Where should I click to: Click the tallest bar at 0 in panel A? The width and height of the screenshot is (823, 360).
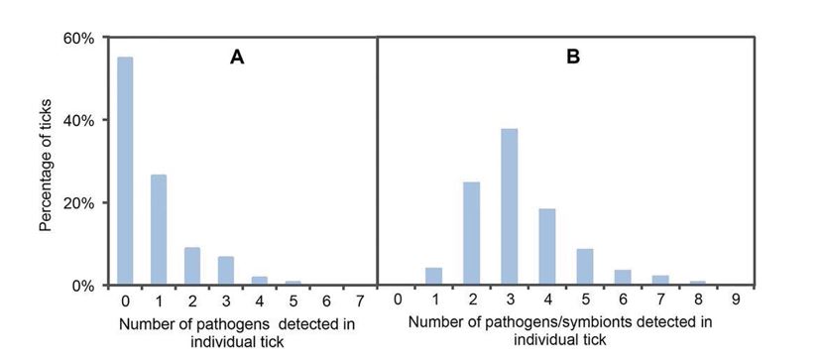[x=125, y=171]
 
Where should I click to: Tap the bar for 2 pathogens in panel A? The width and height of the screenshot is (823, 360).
[x=192, y=266]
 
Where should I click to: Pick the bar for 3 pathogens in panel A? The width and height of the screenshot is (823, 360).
[x=226, y=271]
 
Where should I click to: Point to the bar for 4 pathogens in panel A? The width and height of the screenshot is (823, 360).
[x=260, y=281]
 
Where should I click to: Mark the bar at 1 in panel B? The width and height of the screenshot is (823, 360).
[x=434, y=276]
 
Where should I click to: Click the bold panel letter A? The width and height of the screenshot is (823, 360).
[x=237, y=58]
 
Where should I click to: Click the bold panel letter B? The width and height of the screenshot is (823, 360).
[x=572, y=58]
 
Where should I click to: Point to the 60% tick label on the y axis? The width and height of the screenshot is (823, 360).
[x=80, y=39]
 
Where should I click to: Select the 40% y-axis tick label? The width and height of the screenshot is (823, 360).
[x=80, y=121]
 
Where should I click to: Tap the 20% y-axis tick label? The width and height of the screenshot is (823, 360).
[x=80, y=203]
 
